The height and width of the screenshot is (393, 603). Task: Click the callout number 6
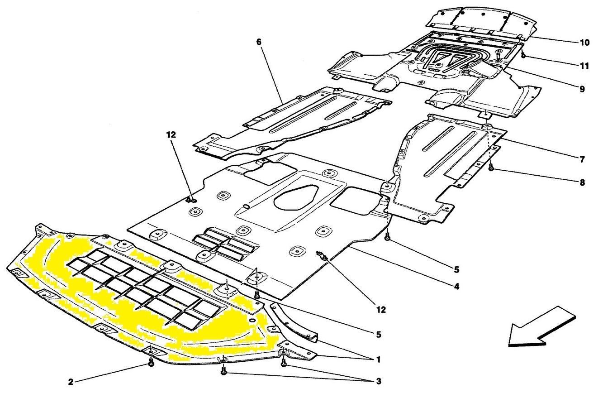click(259, 42)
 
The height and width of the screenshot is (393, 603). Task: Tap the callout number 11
click(584, 66)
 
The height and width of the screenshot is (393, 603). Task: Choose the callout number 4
click(457, 287)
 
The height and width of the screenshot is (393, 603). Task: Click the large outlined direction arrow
click(540, 326)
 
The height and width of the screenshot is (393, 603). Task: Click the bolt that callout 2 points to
click(150, 362)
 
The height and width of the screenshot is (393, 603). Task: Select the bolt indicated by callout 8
click(491, 168)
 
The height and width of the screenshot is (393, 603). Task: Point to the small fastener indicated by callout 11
click(522, 56)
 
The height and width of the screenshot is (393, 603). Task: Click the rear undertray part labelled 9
click(434, 72)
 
